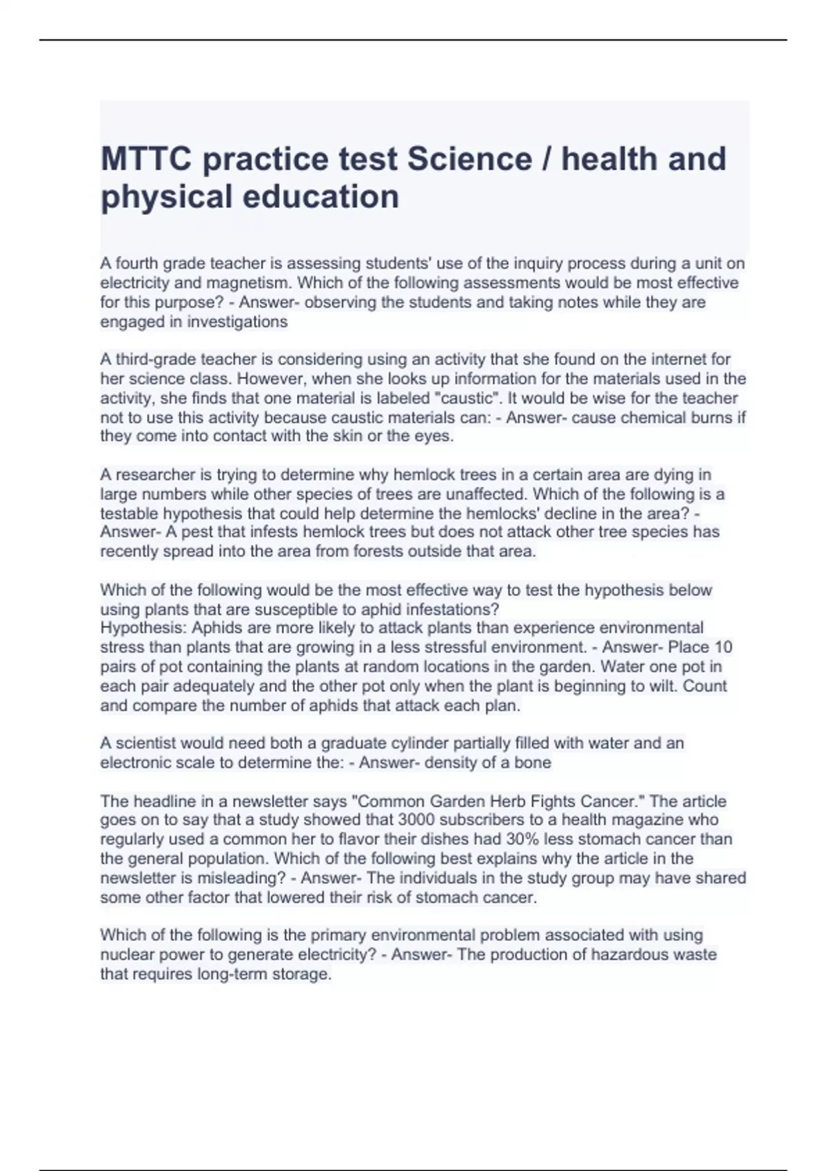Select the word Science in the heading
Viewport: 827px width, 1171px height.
[469, 159]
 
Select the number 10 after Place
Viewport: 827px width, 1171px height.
[723, 647]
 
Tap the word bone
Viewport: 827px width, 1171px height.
[535, 763]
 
